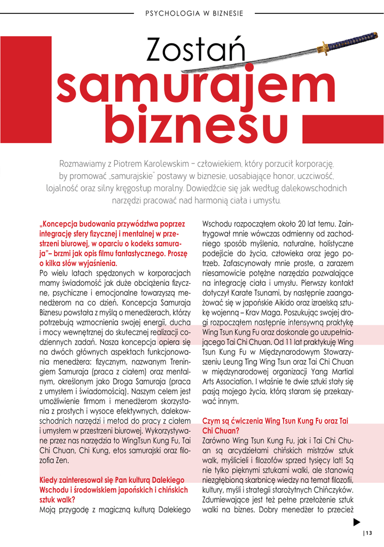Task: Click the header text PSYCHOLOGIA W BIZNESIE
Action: tap(194, 12)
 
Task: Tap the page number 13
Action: tap(369, 532)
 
